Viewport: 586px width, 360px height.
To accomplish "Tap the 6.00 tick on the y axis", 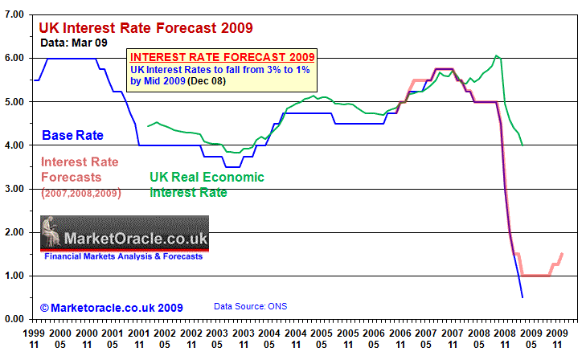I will coord(14,58).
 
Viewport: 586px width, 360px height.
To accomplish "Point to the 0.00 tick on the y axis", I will coord(14,319).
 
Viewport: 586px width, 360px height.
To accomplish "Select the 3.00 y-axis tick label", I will coord(14,189).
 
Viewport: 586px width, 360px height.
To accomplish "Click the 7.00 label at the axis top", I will coord(14,14).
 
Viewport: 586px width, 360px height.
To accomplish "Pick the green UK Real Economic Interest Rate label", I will coord(207,185).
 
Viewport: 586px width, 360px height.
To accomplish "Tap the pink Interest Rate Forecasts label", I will coord(80,170).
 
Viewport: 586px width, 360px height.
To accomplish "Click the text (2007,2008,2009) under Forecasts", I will coord(80,193).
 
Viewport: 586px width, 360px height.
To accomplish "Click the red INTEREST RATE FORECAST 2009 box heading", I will coord(222,57).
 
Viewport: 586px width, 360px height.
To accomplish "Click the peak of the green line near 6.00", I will coord(498,55).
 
